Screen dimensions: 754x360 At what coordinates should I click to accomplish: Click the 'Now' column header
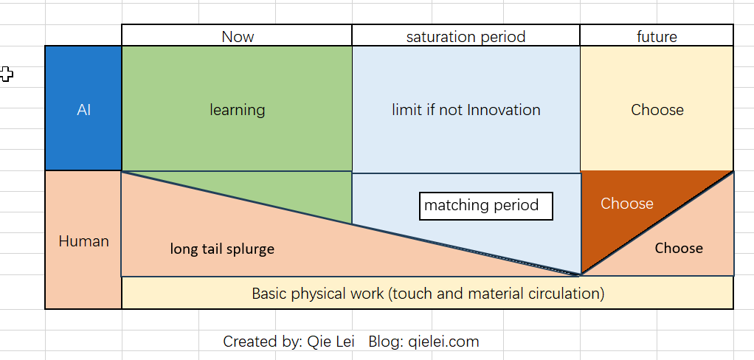[x=238, y=37]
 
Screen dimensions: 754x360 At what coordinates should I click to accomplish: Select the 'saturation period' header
[x=466, y=37]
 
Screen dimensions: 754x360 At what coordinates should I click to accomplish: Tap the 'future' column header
[x=657, y=37]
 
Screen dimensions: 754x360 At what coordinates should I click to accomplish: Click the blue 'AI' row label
[x=83, y=110]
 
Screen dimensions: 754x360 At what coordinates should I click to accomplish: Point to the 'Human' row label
[x=83, y=240]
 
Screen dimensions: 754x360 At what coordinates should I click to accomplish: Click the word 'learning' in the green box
[x=237, y=110]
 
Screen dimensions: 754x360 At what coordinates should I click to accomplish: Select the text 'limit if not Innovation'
[x=466, y=110]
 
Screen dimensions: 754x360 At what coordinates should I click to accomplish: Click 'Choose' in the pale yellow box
[x=657, y=110]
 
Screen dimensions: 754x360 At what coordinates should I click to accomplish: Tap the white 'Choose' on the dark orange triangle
[x=626, y=204]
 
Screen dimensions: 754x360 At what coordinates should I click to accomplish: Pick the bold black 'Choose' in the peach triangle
[x=679, y=248]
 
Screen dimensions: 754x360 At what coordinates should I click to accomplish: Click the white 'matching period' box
[x=485, y=207]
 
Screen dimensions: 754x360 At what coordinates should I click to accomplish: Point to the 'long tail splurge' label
[x=222, y=249]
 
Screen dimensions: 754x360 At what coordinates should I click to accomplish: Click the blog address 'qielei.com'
[x=443, y=342]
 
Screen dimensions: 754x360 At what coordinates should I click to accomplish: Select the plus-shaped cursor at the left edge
[x=6, y=74]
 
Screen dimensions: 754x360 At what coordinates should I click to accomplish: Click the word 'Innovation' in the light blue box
[x=503, y=110]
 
